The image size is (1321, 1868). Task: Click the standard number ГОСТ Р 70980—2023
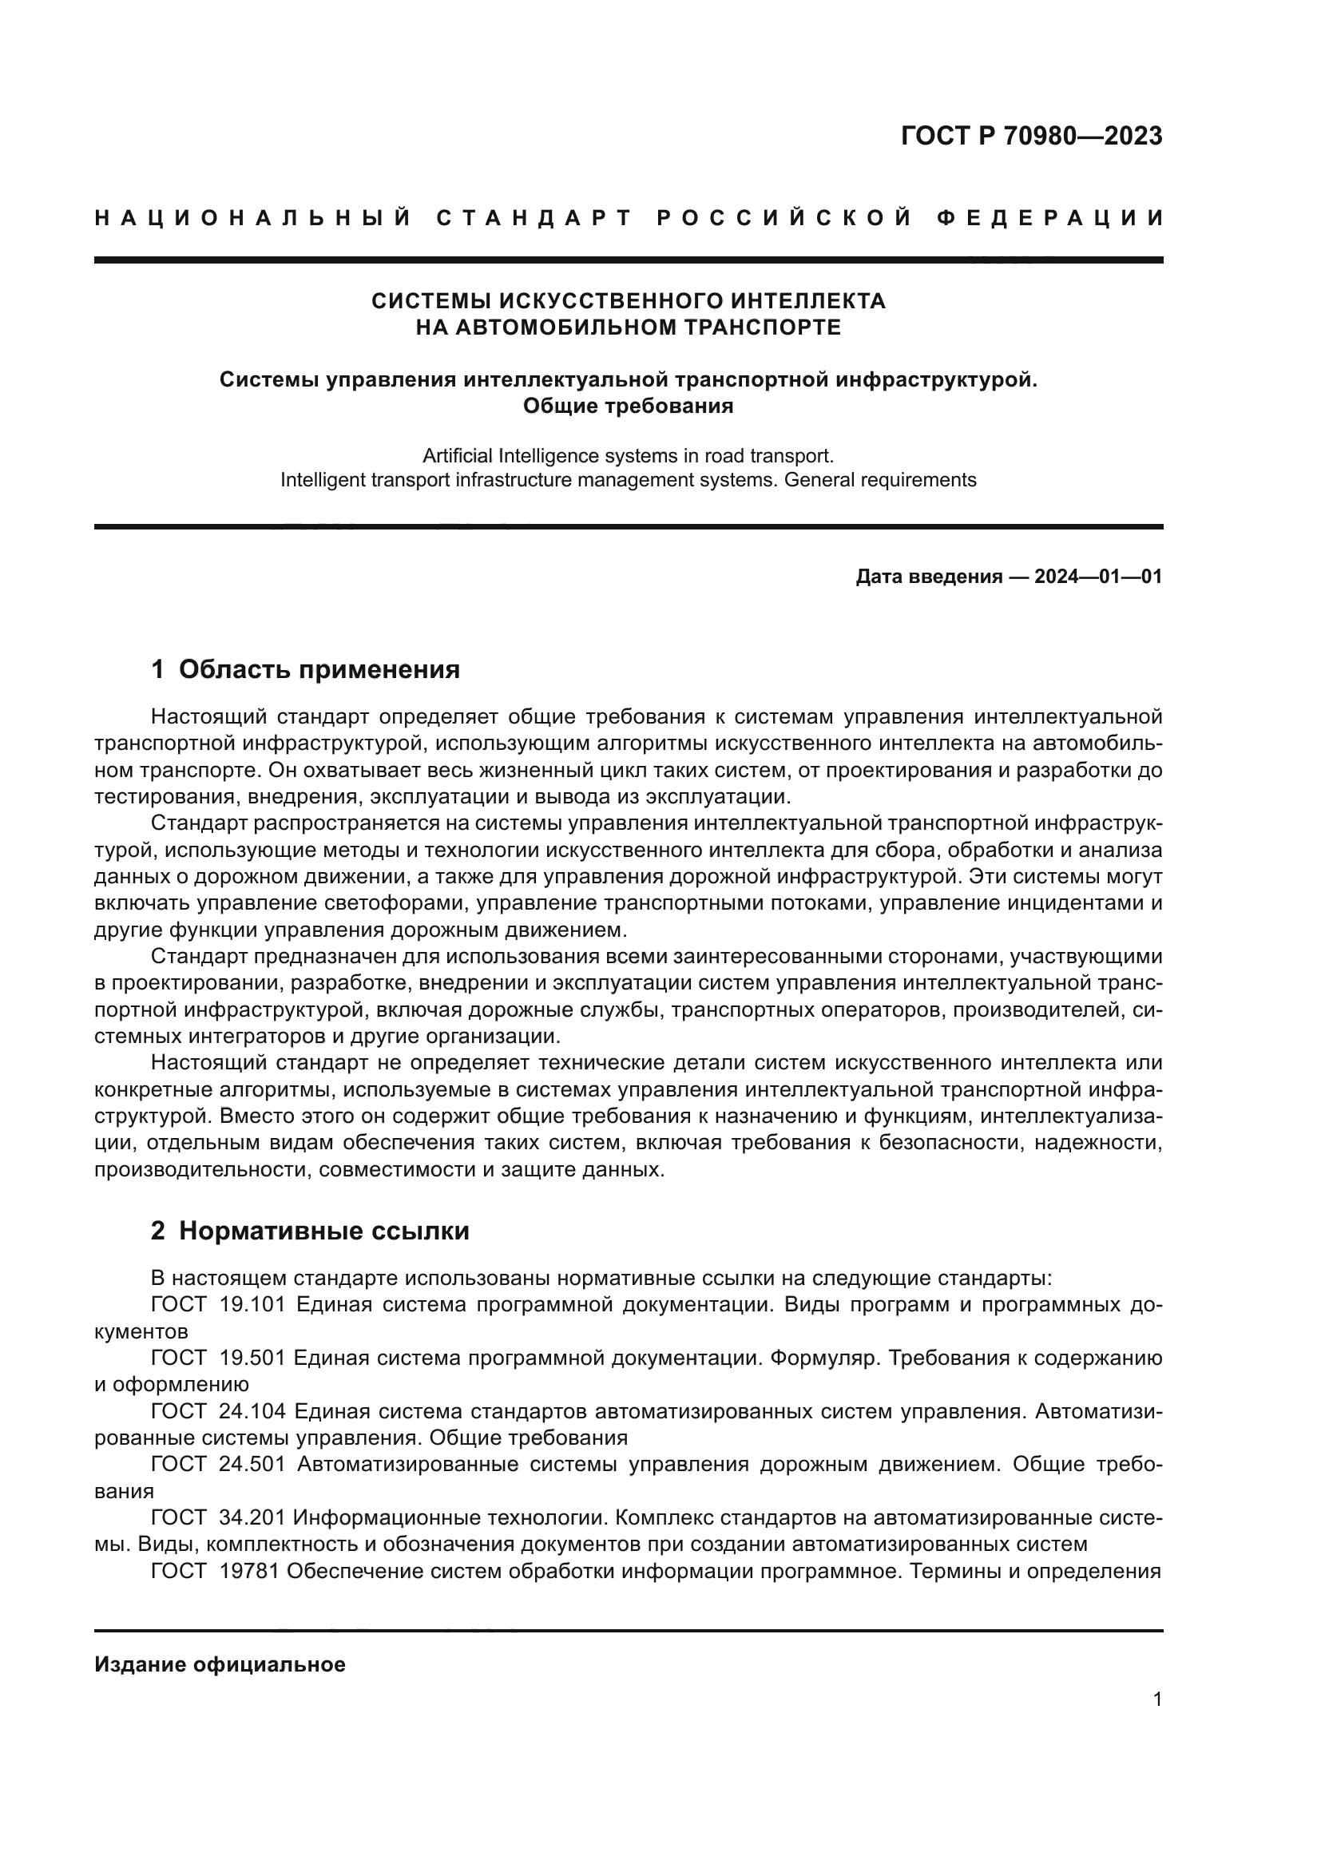pyautogui.click(x=1030, y=136)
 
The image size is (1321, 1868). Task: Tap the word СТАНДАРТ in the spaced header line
pyautogui.click(x=534, y=218)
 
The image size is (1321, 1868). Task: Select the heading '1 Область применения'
pyautogui.click(x=305, y=669)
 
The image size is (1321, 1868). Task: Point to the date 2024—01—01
pyautogui.click(x=1098, y=577)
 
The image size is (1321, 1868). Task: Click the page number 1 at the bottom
pyautogui.click(x=1157, y=1699)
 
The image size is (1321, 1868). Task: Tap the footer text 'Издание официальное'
pyautogui.click(x=220, y=1664)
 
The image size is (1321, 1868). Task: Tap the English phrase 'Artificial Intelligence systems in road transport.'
pyautogui.click(x=628, y=455)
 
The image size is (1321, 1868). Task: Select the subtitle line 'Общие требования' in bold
pyautogui.click(x=628, y=405)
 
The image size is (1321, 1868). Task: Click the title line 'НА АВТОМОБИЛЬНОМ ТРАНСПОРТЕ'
pyautogui.click(x=628, y=327)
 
